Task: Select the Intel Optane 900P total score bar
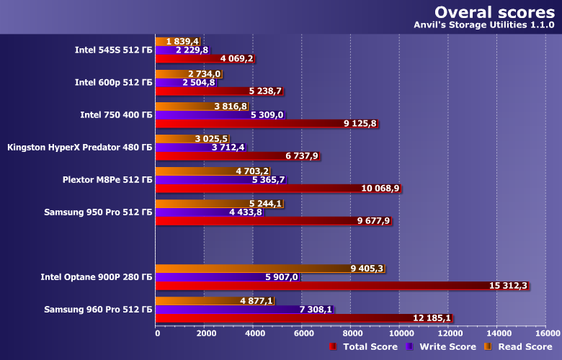324,286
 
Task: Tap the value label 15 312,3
509,286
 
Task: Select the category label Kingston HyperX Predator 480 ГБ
79,148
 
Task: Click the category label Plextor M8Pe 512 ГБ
107,179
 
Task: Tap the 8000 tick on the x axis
352,333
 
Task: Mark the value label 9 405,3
367,269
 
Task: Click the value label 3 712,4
228,148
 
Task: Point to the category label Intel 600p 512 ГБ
113,83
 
